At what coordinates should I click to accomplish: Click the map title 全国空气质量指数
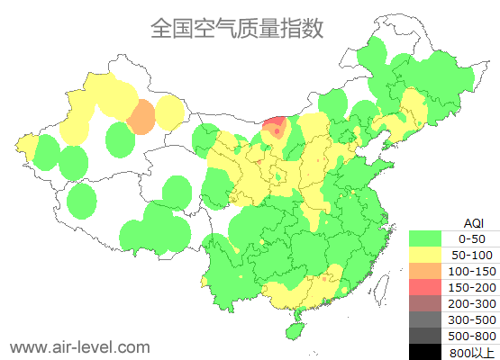[x=237, y=28]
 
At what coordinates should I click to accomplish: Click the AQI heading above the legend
[x=472, y=222]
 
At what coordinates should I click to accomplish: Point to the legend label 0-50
[x=471, y=238]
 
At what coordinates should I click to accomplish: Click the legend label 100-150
[x=471, y=271]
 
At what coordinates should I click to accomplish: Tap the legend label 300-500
[x=471, y=319]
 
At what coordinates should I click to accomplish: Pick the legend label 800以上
[x=471, y=352]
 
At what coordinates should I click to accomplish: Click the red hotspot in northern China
[x=277, y=128]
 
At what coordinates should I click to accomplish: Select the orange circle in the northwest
[x=141, y=117]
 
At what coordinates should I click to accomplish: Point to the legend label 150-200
[x=471, y=287]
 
